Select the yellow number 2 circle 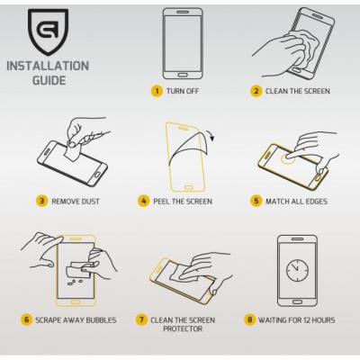[x=257, y=91]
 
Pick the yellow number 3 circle [x=41, y=201]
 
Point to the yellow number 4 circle [x=143, y=201]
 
